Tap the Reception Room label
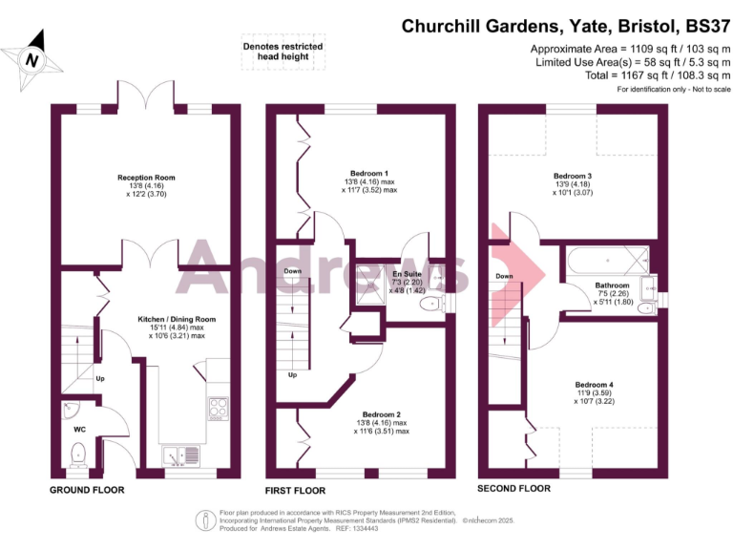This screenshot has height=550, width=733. pyautogui.click(x=146, y=178)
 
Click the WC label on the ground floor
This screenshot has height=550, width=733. pyautogui.click(x=80, y=429)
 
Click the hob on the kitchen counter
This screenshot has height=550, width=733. pyautogui.click(x=218, y=408)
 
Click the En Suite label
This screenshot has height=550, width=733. pyautogui.click(x=409, y=274)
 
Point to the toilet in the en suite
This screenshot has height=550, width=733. pyautogui.click(x=431, y=304)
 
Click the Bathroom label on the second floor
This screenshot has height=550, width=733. pyautogui.click(x=612, y=286)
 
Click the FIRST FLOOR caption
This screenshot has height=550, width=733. pyautogui.click(x=295, y=490)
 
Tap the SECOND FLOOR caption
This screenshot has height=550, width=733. pyautogui.click(x=513, y=488)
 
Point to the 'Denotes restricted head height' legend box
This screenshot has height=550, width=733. pyautogui.click(x=283, y=52)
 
